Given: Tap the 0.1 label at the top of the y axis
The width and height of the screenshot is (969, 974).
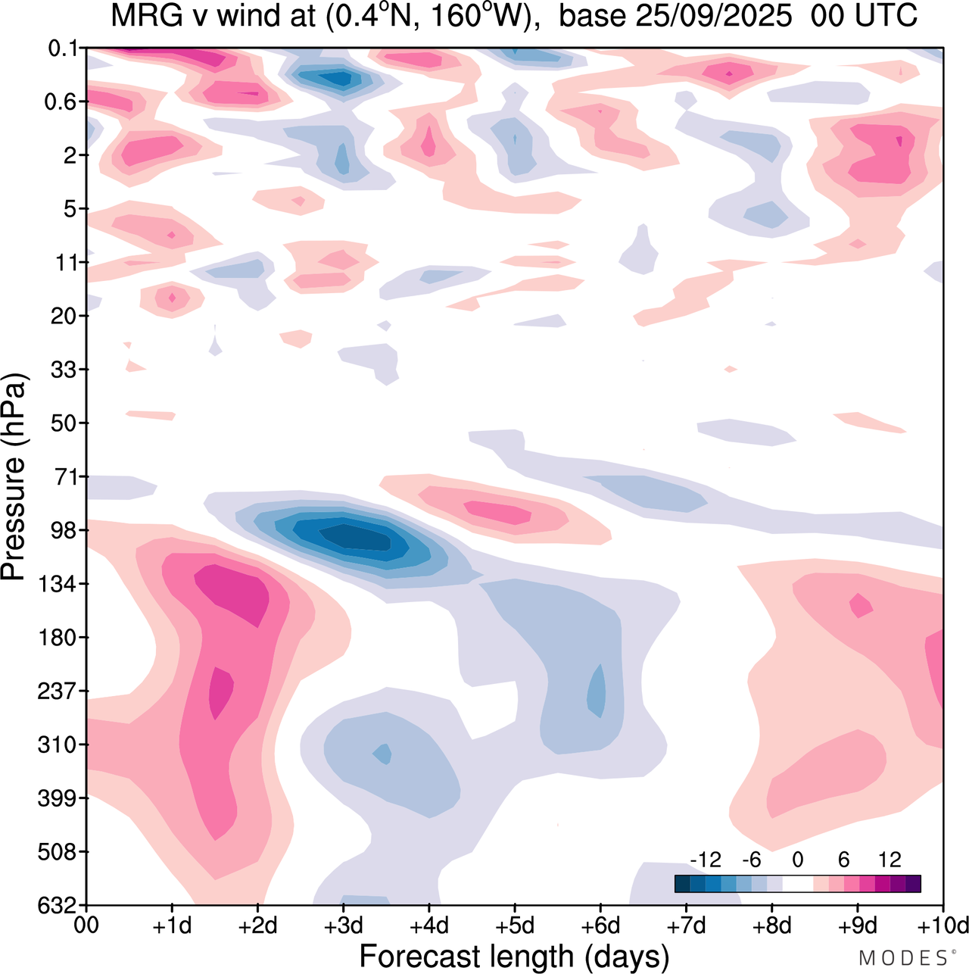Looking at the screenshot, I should (x=62, y=48).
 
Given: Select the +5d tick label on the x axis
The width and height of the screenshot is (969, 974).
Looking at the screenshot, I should (x=515, y=926).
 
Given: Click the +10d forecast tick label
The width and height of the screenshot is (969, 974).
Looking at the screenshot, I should (x=942, y=926).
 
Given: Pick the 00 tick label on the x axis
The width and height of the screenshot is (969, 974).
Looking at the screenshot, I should (x=87, y=926).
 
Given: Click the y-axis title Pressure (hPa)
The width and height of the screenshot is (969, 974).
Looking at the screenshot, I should (x=14, y=477).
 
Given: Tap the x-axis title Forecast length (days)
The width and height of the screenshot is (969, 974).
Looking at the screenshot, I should (x=514, y=956).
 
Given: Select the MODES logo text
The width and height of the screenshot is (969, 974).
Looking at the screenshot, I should (x=902, y=958).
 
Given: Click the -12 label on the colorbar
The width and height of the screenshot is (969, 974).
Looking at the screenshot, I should (x=706, y=860).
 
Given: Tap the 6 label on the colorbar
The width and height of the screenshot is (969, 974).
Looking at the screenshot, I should (x=843, y=860).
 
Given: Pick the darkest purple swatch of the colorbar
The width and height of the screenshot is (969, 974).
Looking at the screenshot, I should (x=913, y=884).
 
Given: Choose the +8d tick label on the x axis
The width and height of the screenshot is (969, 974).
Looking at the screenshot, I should (x=772, y=926).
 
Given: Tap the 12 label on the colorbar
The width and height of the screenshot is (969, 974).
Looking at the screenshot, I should (x=890, y=860).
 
